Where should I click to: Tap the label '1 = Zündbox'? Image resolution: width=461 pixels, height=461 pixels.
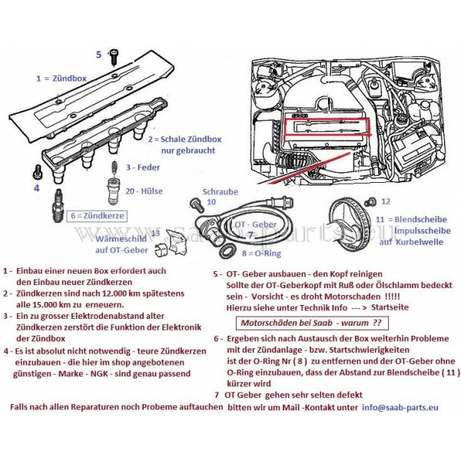tap(62, 78)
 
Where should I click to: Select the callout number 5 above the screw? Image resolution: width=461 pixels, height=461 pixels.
tap(98, 54)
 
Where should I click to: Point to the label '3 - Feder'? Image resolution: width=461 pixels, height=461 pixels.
tap(143, 167)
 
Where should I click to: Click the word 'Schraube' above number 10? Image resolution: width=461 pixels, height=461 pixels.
tap(221, 191)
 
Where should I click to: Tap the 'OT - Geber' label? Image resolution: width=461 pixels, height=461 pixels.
tap(254, 224)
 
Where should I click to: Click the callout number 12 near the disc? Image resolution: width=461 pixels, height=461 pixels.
tap(386, 201)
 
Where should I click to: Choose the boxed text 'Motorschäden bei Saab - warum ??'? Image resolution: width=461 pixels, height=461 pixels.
tap(312, 322)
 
